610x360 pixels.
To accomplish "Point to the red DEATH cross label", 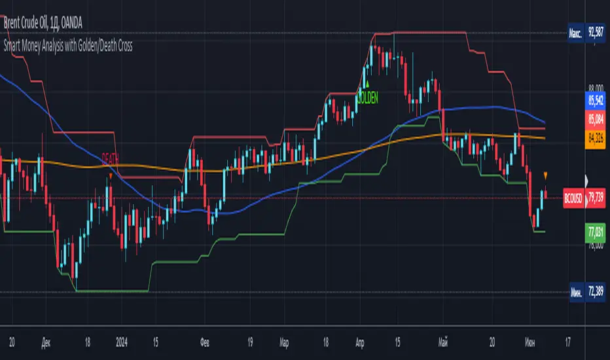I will pyautogui.click(x=111, y=158).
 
